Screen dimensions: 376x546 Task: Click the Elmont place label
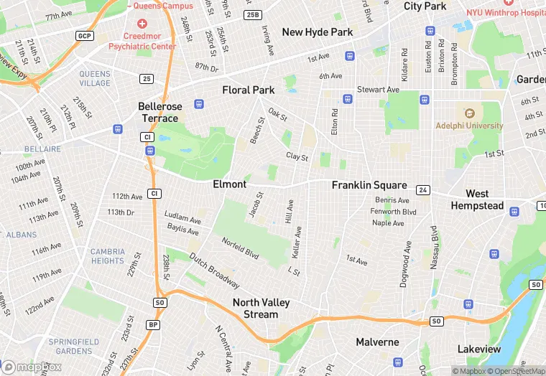point(230,184)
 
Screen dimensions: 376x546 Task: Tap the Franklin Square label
point(369,185)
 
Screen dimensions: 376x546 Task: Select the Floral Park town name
point(249,90)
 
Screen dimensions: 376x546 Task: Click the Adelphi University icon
point(470,113)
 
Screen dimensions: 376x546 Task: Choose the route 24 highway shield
point(424,190)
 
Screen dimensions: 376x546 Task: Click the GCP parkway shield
point(85,35)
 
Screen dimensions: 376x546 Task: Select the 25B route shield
point(253,14)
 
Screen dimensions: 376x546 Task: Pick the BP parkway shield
point(153,324)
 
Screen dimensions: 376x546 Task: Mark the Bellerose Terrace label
point(159,112)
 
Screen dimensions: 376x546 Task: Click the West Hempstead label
point(477,199)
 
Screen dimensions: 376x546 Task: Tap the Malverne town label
point(377,342)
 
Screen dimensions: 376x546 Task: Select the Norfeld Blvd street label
point(240,248)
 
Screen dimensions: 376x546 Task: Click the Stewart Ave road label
point(378,90)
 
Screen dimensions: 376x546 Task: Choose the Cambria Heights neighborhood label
point(107,256)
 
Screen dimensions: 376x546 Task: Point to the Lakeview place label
point(479,349)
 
